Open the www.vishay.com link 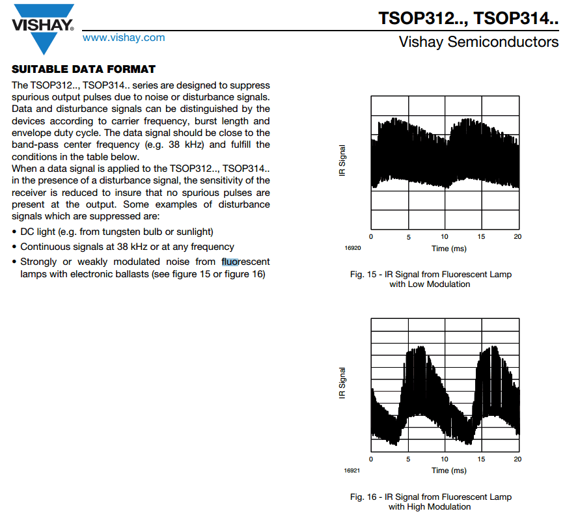[124, 38]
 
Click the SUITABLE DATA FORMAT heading [84, 69]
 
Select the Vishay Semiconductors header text [478, 42]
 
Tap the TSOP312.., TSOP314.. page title [468, 17]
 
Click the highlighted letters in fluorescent [230, 262]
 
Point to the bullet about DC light [117, 232]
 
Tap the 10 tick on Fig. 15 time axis [445, 236]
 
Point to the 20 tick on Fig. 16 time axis [517, 459]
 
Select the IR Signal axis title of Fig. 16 [342, 383]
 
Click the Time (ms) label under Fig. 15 [448, 248]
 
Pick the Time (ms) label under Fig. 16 [448, 470]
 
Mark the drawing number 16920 [352, 248]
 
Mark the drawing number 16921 [352, 470]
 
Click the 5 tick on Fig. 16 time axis [408, 459]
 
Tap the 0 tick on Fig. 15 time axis [371, 236]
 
